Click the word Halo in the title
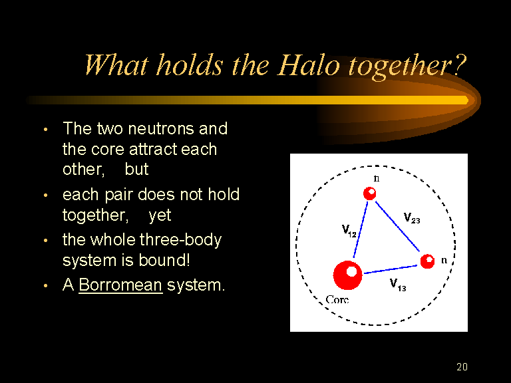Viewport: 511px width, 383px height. click(x=309, y=64)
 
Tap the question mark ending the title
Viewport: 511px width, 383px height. click(x=458, y=65)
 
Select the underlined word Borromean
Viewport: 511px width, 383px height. click(x=120, y=285)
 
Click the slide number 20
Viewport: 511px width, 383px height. click(x=462, y=367)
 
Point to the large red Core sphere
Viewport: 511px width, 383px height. click(x=347, y=275)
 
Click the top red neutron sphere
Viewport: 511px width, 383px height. click(x=369, y=193)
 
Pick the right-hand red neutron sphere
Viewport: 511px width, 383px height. click(x=427, y=261)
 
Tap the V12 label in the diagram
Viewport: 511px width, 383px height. click(x=349, y=231)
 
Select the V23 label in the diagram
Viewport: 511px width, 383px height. click(x=412, y=217)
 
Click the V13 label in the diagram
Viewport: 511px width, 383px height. click(x=398, y=285)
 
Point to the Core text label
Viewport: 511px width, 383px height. click(x=337, y=299)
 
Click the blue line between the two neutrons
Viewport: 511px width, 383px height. click(x=398, y=226)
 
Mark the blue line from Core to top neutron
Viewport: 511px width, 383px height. click(x=361, y=229)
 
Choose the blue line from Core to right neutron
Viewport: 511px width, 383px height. click(x=391, y=270)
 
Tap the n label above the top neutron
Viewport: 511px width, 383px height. click(x=377, y=178)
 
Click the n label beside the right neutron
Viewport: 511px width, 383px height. click(x=444, y=260)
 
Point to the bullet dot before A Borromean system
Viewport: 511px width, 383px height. click(x=46, y=286)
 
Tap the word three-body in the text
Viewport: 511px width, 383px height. click(x=180, y=240)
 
